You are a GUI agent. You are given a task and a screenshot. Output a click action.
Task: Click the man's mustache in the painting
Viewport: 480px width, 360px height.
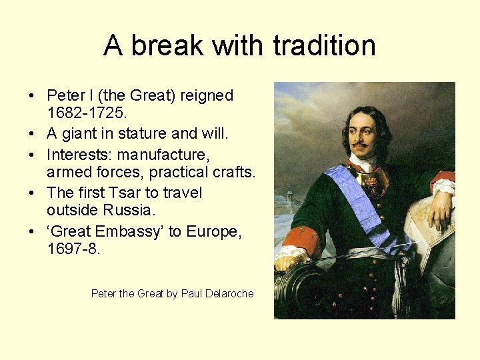click(360, 143)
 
